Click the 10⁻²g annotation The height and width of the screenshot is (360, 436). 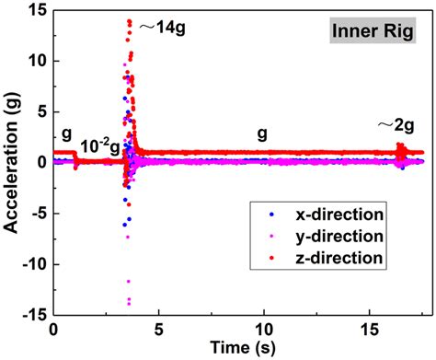point(98,145)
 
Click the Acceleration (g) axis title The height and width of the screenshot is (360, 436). point(13,161)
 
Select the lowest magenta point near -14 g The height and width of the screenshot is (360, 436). point(129,302)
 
